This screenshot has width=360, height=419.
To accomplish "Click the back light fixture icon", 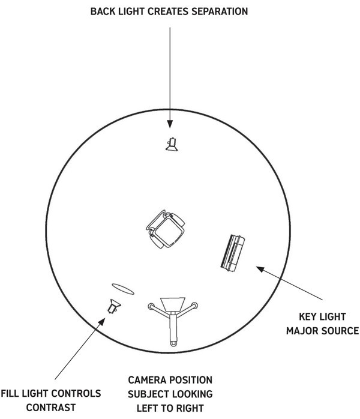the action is point(172,144).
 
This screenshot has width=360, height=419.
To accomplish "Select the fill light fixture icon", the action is point(114,306).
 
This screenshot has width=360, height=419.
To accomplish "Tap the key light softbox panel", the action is point(233,253).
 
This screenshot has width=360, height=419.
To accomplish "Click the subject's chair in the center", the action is point(166,229).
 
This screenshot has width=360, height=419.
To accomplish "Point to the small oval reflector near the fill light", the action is point(123,289).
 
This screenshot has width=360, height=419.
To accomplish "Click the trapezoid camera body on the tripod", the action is point(173,304).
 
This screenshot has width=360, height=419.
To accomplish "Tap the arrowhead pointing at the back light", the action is point(170,124).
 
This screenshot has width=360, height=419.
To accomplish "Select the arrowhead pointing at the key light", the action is point(260,269).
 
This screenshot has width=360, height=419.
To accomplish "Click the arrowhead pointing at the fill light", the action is point(102,322).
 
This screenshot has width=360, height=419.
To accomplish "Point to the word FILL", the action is point(10,393).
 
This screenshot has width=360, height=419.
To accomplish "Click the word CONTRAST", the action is point(51,408).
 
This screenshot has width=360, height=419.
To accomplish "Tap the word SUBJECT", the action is point(148,394).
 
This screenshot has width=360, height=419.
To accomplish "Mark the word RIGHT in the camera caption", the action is point(190,408).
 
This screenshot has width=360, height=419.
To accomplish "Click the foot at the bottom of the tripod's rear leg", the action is point(173,343).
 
